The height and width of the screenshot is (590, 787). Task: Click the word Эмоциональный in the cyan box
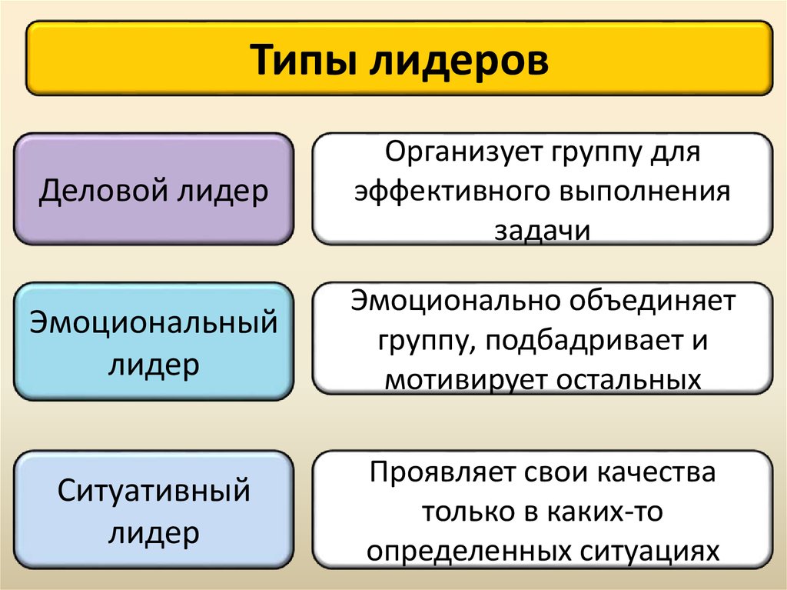point(153,322)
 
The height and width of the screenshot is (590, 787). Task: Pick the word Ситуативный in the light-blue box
point(154,490)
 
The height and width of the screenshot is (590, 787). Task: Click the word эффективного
point(445,191)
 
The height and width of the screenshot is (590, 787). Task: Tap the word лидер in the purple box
point(224,190)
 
